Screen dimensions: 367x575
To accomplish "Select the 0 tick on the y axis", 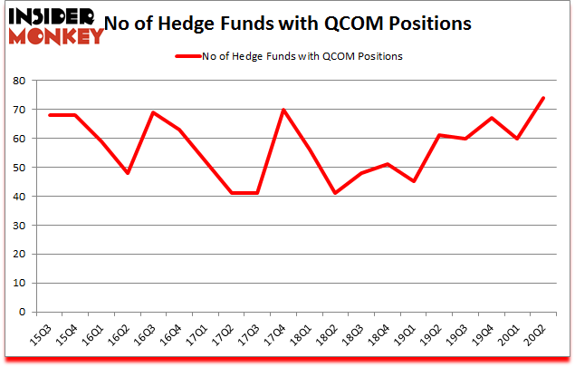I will [x=20, y=313].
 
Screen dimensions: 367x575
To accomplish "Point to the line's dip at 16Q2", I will [x=128, y=173].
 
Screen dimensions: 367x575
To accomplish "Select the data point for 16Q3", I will [x=153, y=112].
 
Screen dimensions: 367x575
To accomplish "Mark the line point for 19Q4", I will [x=490, y=118].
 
